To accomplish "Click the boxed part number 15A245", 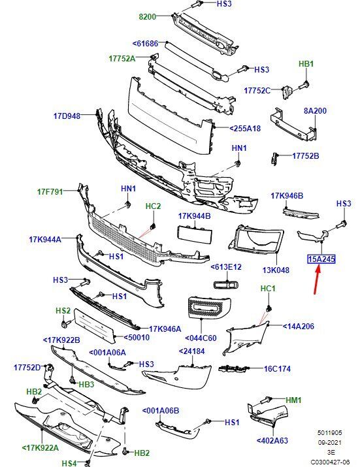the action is [x=321, y=259].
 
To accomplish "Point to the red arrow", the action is [x=317, y=280].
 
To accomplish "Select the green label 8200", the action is [x=148, y=17].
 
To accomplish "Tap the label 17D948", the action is [x=67, y=116].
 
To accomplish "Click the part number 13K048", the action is [x=276, y=270].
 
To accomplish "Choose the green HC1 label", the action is [x=268, y=288].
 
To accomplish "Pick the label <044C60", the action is [x=201, y=338].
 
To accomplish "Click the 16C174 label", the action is [x=277, y=369].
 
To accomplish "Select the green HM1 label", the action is [x=293, y=400].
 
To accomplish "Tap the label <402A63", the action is [x=272, y=440].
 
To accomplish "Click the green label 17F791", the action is [x=50, y=192].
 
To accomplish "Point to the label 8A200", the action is [x=315, y=111].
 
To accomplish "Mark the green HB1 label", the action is [x=306, y=64].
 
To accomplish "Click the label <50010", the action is [x=137, y=338].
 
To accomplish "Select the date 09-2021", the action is [x=329, y=443].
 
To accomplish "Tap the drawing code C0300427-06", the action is [x=330, y=462].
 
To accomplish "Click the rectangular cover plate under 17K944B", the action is [x=195, y=234].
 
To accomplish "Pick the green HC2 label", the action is [x=153, y=206].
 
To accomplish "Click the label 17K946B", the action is [x=287, y=196].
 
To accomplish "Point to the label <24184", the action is [x=191, y=351].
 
